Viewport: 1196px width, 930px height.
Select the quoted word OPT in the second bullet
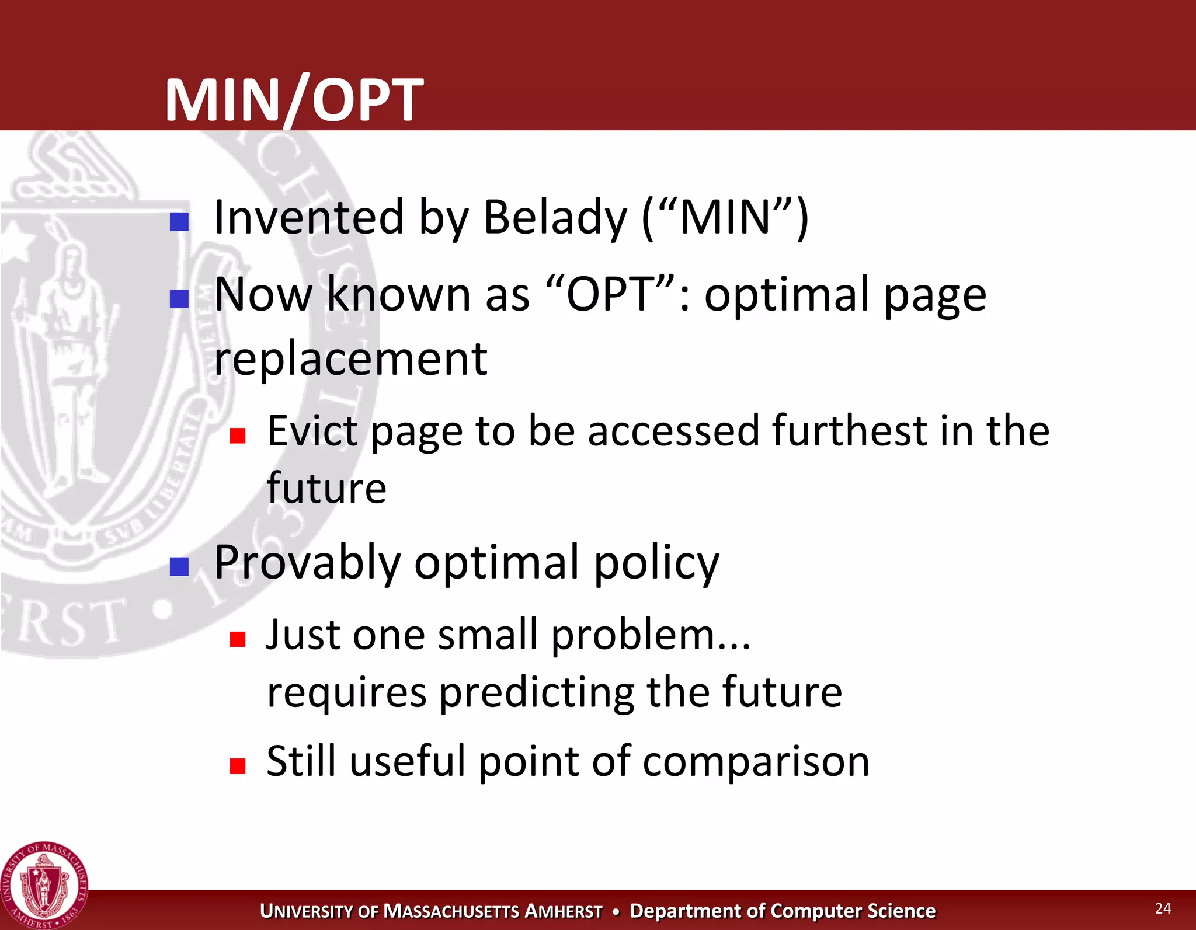click(611, 294)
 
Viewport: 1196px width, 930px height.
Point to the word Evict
click(312, 430)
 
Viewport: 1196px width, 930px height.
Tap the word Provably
click(307, 562)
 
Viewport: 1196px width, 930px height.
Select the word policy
click(656, 562)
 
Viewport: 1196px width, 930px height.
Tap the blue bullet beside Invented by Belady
click(179, 221)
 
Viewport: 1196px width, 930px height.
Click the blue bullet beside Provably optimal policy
click(179, 566)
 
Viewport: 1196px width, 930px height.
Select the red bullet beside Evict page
click(237, 436)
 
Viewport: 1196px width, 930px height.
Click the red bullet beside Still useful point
click(237, 765)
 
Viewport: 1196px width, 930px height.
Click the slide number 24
click(1163, 908)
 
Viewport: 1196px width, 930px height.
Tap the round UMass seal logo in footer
click(44, 885)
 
